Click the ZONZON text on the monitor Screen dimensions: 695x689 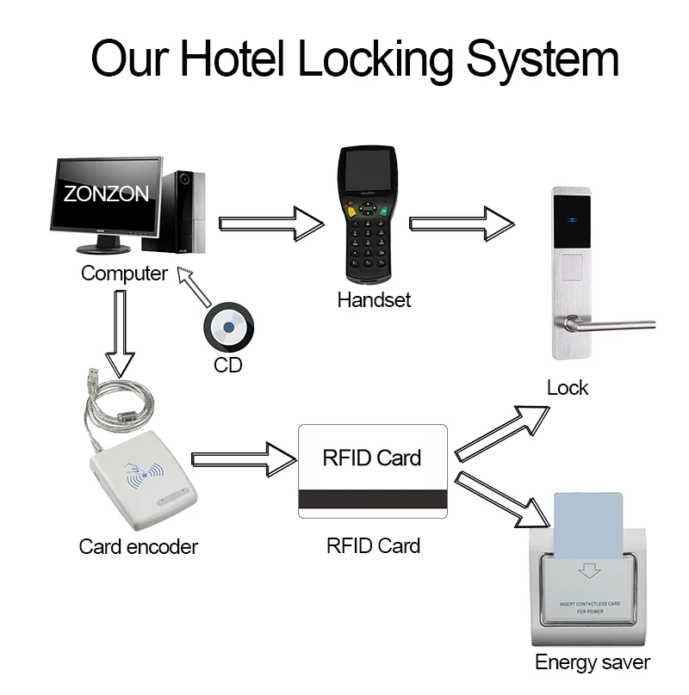105,194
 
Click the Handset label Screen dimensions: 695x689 374,300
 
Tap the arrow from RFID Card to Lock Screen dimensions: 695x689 502,431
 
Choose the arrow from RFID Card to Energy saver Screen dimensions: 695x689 502,498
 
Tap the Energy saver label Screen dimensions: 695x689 592,662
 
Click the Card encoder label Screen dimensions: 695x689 138,546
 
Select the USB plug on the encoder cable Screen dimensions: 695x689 92,378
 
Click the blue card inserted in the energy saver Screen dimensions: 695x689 589,525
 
